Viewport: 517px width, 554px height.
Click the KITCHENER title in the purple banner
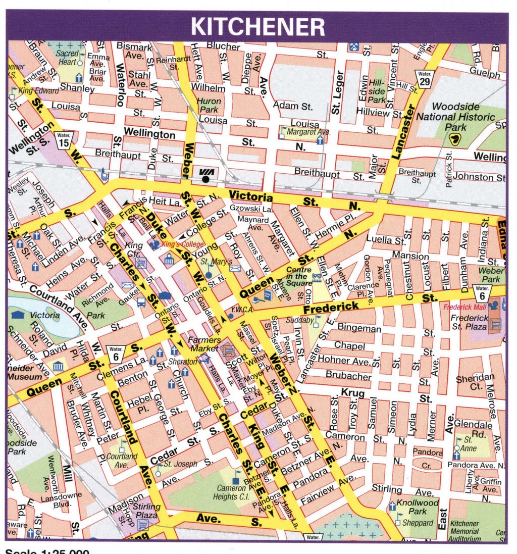pyautogui.click(x=257, y=26)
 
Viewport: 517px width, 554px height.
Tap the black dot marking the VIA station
pyautogui.click(x=205, y=179)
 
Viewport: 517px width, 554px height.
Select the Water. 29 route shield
pyautogui.click(x=424, y=78)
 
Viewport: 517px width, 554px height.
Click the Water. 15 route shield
pyautogui.click(x=64, y=140)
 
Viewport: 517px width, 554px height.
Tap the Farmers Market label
pyautogui.click(x=204, y=344)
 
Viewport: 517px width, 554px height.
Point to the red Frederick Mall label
pyautogui.click(x=463, y=307)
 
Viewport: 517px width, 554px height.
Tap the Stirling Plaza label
pyautogui.click(x=146, y=511)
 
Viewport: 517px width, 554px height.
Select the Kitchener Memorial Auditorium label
pyautogui.click(x=465, y=531)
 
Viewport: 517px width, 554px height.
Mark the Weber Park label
pyautogui.click(x=491, y=275)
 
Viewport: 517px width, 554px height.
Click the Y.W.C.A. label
pyautogui.click(x=242, y=310)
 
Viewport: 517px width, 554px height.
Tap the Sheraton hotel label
pyautogui.click(x=183, y=362)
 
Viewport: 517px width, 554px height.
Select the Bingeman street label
pyautogui.click(x=359, y=328)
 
